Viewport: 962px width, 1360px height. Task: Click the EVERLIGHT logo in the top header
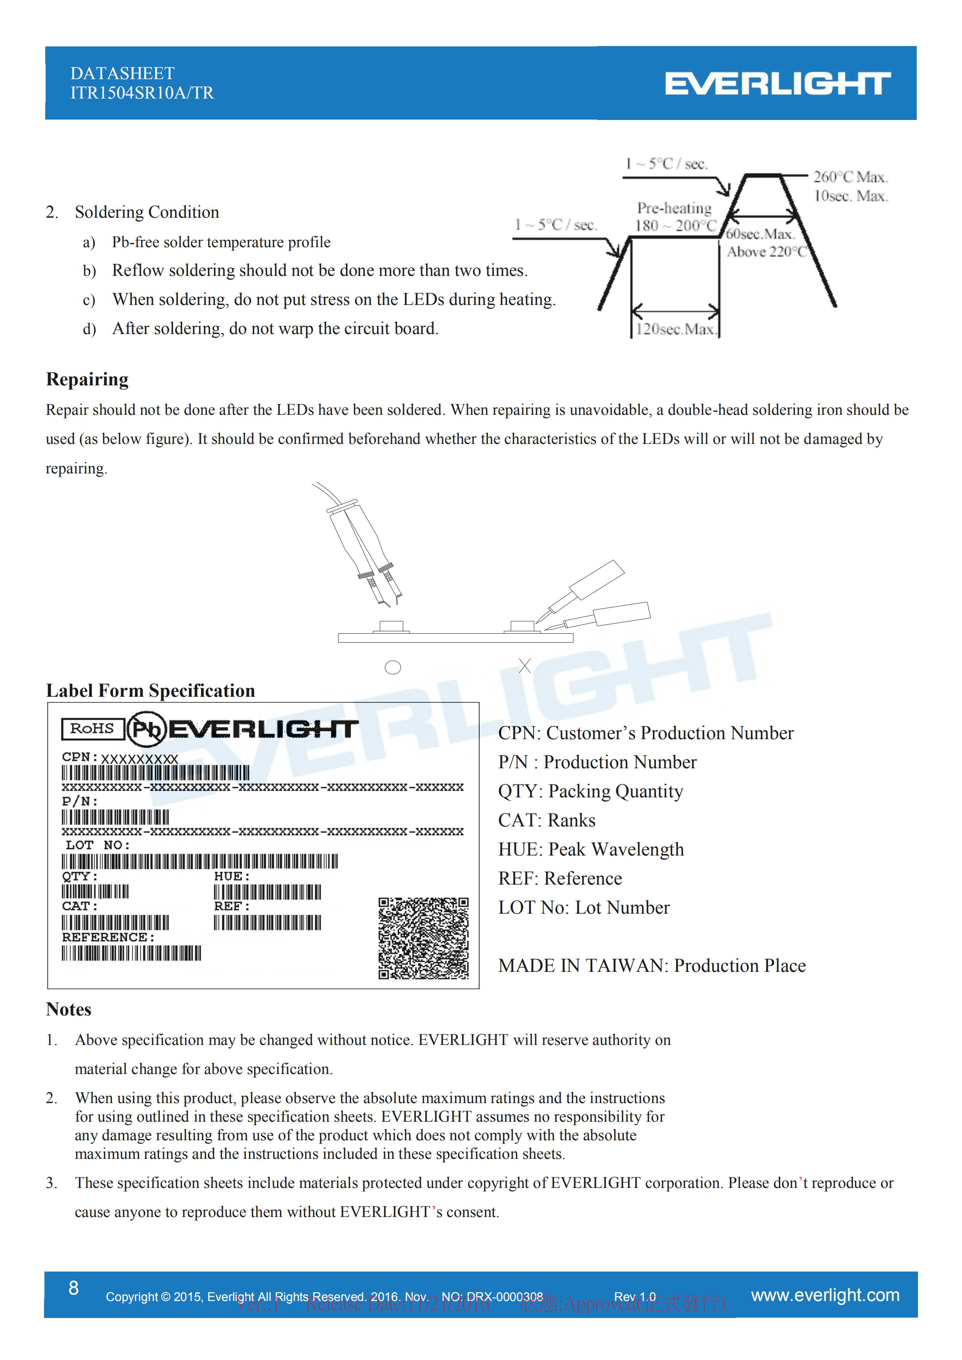click(x=777, y=84)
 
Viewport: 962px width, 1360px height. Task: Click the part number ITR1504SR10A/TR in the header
click(x=142, y=93)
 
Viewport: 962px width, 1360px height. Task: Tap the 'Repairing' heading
click(x=87, y=379)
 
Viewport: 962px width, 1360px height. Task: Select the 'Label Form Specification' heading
click(x=150, y=691)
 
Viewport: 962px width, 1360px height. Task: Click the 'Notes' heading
click(x=69, y=1009)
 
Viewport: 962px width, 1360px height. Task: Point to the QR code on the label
click(x=423, y=938)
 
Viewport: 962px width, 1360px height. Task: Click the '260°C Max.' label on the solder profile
click(x=850, y=177)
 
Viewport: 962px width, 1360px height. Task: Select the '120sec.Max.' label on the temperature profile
click(x=675, y=329)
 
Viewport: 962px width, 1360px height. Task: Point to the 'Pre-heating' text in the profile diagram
click(x=674, y=208)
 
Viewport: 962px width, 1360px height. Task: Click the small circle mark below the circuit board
click(x=393, y=668)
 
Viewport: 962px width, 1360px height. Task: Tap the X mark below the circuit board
click(x=525, y=665)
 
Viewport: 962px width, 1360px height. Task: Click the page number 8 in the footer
click(x=74, y=1288)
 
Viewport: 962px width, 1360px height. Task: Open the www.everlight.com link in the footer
click(x=825, y=1295)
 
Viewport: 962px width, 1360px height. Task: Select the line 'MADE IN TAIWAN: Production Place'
click(x=652, y=965)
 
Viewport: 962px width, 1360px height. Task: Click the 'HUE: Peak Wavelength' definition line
click(x=591, y=849)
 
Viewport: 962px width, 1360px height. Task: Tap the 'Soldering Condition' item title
click(x=147, y=212)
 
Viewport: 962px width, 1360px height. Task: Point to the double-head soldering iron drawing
click(x=361, y=548)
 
